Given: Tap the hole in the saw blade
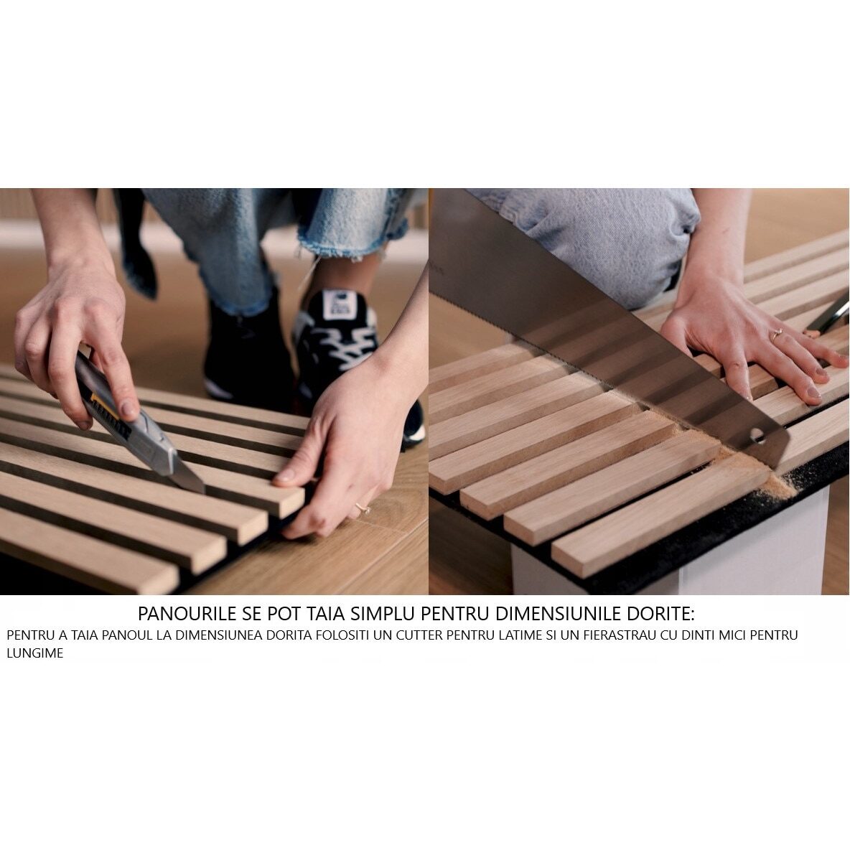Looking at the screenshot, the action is click(x=757, y=435).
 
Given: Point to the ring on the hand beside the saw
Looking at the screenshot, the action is click(x=776, y=334).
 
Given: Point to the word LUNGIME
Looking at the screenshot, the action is click(x=34, y=653).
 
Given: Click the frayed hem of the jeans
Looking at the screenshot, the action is click(x=347, y=249).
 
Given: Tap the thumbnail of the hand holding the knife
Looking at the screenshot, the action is click(x=130, y=409).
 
